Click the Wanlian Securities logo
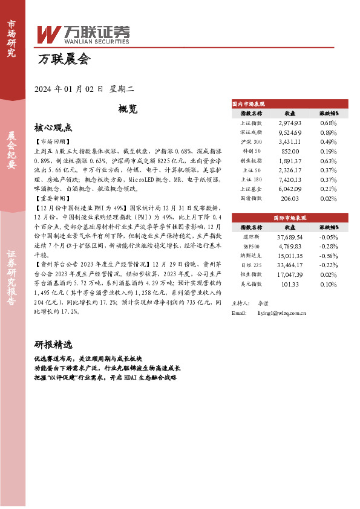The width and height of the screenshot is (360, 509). click(x=83, y=35)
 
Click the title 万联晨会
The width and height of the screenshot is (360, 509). click(x=63, y=60)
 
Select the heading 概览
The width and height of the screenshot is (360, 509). click(x=128, y=109)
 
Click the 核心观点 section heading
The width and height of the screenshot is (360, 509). click(x=53, y=128)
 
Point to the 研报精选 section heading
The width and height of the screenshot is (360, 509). click(x=53, y=345)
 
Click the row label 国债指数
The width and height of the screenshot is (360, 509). click(x=251, y=198)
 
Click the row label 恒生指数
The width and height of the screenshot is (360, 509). click(x=251, y=274)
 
